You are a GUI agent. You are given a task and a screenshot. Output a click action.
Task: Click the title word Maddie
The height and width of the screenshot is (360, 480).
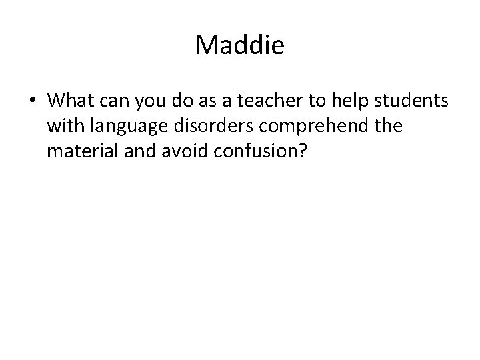click(240, 46)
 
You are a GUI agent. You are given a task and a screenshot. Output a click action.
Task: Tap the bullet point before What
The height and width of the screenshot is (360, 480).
click(33, 101)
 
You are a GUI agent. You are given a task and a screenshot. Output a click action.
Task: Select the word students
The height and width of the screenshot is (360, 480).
click(411, 100)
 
